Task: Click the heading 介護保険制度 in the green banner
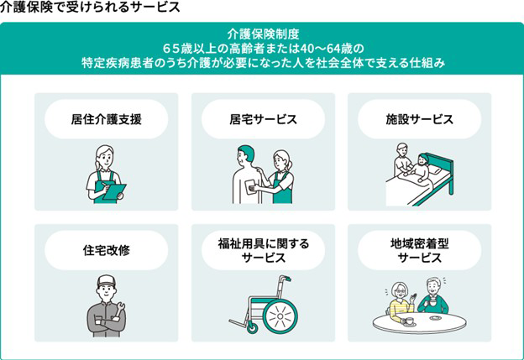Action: click(262, 35)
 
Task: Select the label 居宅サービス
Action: click(263, 119)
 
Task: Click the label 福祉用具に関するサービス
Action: click(263, 250)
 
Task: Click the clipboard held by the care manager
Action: click(111, 189)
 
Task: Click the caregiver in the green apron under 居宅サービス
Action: click(282, 176)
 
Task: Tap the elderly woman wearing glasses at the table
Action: click(399, 299)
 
